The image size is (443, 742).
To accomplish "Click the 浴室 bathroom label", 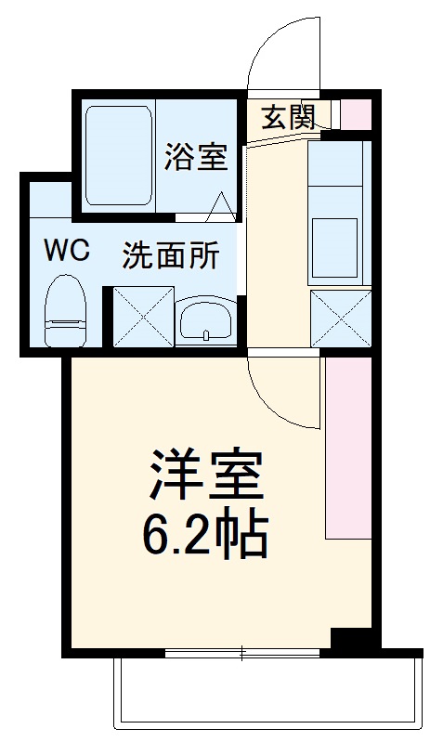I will click(x=196, y=157).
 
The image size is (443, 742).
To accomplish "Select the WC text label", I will click(x=66, y=252).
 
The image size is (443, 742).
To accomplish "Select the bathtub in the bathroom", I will click(x=118, y=155).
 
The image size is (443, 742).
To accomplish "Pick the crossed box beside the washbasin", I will click(x=144, y=317).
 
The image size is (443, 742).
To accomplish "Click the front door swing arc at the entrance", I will click(x=287, y=56).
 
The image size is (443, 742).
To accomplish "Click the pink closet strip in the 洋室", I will click(x=347, y=446).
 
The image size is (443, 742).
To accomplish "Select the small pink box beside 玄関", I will click(x=357, y=113).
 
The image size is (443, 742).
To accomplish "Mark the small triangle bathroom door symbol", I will click(x=222, y=207).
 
